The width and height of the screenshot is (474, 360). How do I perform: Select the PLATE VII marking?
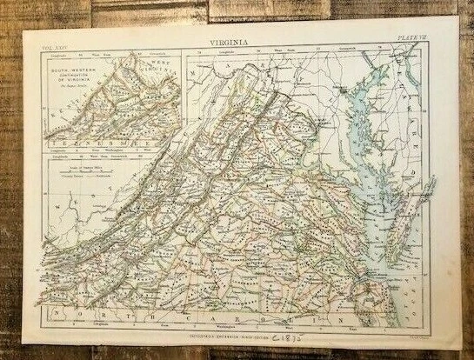[x=411, y=39]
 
